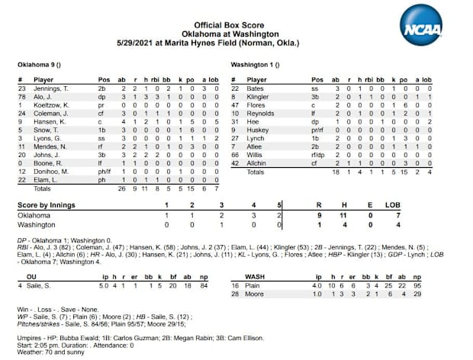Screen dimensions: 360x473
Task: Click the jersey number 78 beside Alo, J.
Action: click(x=21, y=98)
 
